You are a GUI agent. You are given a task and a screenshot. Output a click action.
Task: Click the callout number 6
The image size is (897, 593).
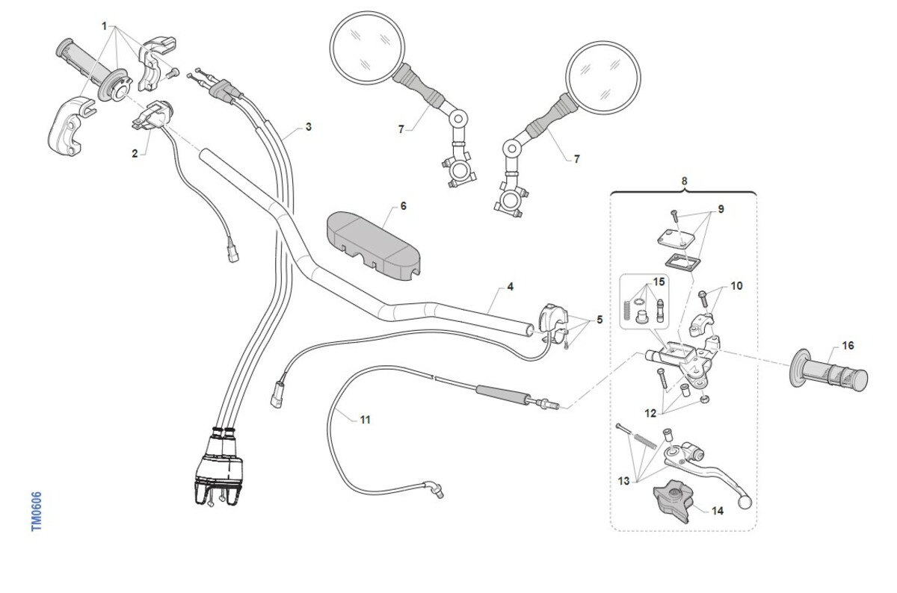click(404, 205)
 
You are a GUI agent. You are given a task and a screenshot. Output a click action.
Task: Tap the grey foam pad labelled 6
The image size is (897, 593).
click(371, 244)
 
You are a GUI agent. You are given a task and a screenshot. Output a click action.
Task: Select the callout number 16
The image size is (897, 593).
click(848, 345)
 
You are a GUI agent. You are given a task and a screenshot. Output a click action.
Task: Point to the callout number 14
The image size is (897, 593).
click(718, 512)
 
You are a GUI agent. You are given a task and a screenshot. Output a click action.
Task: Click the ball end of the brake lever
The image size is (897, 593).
click(744, 502)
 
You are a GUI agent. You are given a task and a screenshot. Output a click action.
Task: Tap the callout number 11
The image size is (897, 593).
click(365, 420)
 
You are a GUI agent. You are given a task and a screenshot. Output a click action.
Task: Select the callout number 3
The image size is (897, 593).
click(308, 127)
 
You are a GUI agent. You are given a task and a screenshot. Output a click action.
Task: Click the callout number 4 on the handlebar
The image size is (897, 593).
click(510, 286)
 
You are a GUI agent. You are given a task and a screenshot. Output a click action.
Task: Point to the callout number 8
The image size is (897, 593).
click(684, 180)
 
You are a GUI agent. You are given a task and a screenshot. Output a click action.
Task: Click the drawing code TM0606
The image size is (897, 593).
click(37, 512)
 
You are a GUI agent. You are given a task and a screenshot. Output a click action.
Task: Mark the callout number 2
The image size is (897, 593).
click(135, 154)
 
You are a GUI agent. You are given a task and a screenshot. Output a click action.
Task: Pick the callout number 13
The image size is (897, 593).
click(624, 481)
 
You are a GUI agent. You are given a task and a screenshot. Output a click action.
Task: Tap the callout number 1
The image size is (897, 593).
click(105, 26)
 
